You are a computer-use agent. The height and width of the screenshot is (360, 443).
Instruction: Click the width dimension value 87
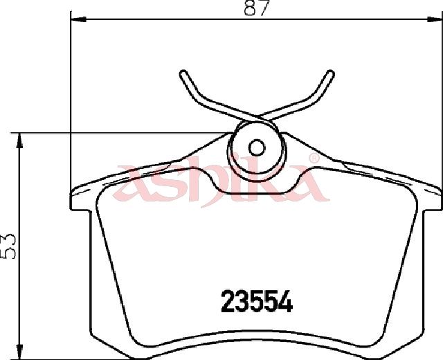[255, 8]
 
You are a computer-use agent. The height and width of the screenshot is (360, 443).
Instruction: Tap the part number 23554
[257, 302]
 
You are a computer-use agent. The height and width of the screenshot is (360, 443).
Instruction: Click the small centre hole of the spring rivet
[257, 147]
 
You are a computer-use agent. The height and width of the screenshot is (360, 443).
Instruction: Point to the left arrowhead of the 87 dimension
[78, 19]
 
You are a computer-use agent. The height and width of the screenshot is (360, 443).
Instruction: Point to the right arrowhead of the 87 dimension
[434, 19]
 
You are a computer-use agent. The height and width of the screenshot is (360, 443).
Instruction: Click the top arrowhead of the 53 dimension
[19, 141]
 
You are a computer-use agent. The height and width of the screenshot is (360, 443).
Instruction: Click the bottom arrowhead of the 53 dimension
[19, 352]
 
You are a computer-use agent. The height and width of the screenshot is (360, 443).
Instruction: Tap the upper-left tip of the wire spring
[183, 73]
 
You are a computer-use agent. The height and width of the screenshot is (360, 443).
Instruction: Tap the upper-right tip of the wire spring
[331, 73]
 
